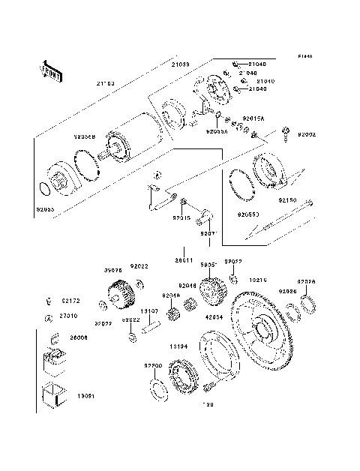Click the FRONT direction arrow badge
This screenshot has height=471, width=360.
[43, 69]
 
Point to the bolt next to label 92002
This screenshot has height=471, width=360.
[287, 136]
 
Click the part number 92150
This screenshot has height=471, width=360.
[289, 201]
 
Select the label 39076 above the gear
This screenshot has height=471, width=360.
[112, 268]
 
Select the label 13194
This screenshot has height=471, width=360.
[178, 347]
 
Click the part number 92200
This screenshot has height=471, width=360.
[153, 365]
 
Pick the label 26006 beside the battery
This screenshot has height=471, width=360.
[79, 338]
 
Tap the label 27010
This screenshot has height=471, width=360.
[70, 316]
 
